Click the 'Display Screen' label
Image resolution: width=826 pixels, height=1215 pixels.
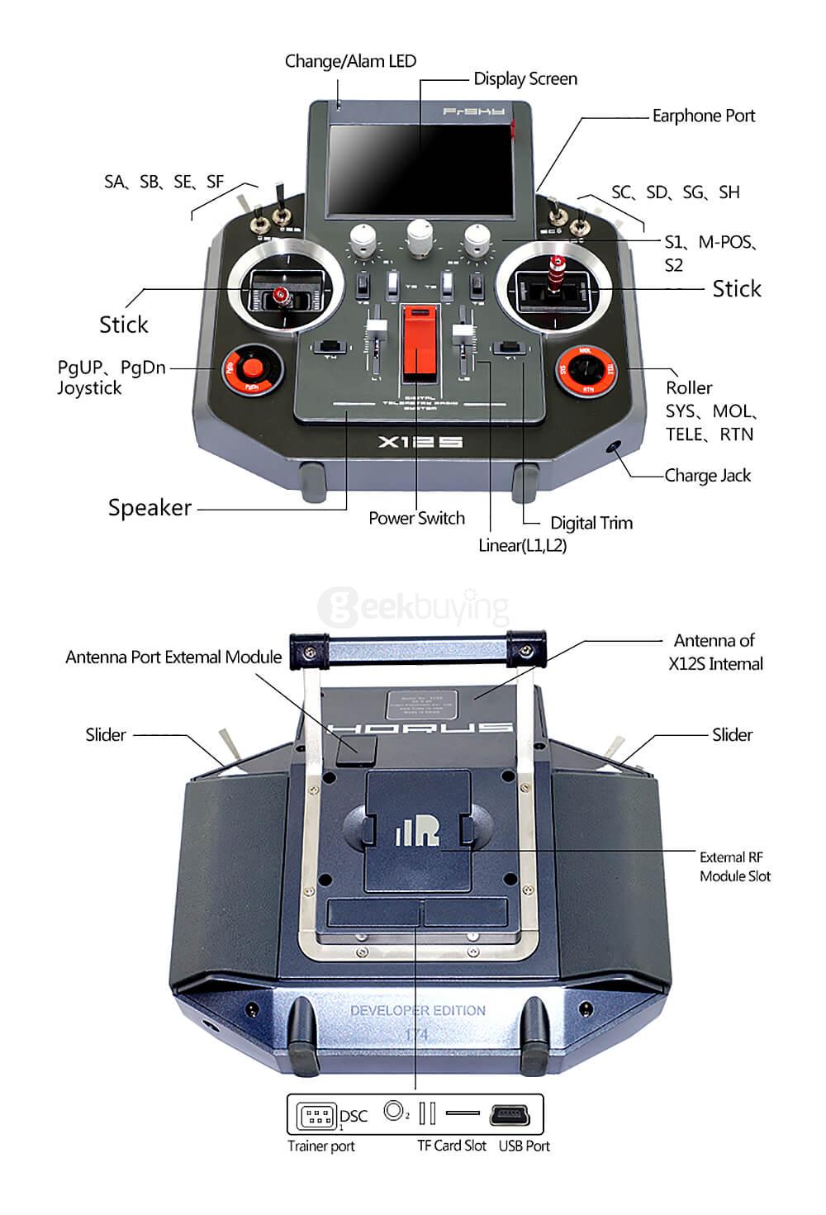tap(525, 79)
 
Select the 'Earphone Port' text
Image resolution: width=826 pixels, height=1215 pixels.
tap(703, 116)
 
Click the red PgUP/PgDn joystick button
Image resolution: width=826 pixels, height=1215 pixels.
tap(252, 368)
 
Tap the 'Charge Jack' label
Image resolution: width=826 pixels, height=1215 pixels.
tap(707, 476)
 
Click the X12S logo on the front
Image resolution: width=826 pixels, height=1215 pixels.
tap(420, 442)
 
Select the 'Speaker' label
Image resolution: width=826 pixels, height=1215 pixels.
tap(150, 508)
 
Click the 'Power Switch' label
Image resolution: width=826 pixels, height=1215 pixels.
tap(416, 519)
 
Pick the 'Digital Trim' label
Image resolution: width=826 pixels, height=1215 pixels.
tap(591, 523)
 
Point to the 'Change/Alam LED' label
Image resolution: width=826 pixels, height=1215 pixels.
tap(350, 61)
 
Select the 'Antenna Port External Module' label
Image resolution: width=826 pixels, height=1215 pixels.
tap(173, 657)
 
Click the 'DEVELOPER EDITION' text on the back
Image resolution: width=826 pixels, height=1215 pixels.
tap(417, 1010)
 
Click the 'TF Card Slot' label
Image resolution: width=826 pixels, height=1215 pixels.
tap(451, 1146)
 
